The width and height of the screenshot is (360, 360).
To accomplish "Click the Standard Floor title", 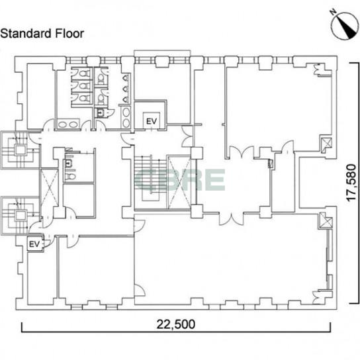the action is [x=42, y=34].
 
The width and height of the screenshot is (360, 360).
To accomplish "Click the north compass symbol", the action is [x=344, y=26].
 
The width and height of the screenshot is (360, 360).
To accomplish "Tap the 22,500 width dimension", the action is [x=176, y=324].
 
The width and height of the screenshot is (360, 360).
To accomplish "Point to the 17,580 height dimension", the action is [x=351, y=183].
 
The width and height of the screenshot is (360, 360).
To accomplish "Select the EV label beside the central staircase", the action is [x=152, y=121].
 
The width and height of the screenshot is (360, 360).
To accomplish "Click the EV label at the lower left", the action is [x=34, y=244].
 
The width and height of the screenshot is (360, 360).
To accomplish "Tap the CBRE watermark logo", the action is [x=180, y=179].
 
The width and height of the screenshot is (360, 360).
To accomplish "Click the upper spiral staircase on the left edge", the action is [x=21, y=150].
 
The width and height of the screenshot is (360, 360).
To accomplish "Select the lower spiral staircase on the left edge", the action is [x=21, y=216].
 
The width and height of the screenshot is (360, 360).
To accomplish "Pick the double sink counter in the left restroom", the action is [x=68, y=124].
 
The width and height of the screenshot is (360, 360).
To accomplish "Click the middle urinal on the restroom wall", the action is [x=126, y=89].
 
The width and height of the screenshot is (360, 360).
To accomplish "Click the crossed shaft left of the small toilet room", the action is [x=49, y=188].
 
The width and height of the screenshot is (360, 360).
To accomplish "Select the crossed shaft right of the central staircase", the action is [x=179, y=182].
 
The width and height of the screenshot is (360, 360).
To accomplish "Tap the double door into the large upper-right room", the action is [x=242, y=152].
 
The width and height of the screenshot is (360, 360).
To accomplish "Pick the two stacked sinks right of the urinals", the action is [x=126, y=118].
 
